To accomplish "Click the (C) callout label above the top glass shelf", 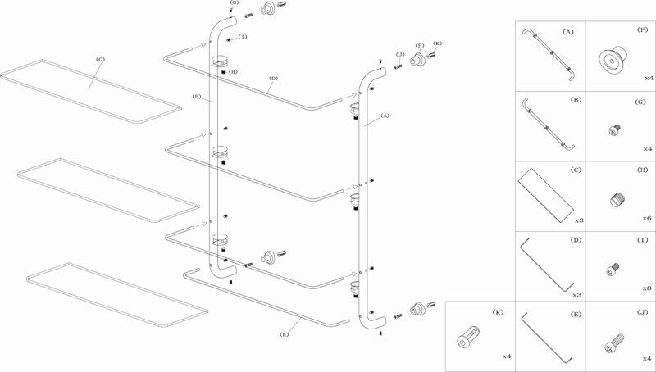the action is click(100, 59).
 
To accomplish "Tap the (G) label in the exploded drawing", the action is click(235, 2).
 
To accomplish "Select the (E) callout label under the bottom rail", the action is click(285, 334).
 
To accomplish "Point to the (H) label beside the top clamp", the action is click(233, 72).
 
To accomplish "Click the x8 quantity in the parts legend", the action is click(647, 288).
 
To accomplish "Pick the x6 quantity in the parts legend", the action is click(647, 219).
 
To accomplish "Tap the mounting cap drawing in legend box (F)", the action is click(613, 58).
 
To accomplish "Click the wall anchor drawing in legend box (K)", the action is click(468, 338).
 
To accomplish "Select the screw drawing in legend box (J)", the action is click(614, 342).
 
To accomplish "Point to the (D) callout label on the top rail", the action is click(273, 78).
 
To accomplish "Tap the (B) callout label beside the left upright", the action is click(197, 97).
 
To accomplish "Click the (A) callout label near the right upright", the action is click(385, 116).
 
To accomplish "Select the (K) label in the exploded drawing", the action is click(438, 43).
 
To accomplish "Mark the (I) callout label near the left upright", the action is click(243, 37).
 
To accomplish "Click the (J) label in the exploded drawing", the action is click(400, 54).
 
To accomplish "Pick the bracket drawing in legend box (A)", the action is click(548, 54).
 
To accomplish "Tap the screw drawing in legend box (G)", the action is click(614, 130).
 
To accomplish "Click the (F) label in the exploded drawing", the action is click(420, 45).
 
